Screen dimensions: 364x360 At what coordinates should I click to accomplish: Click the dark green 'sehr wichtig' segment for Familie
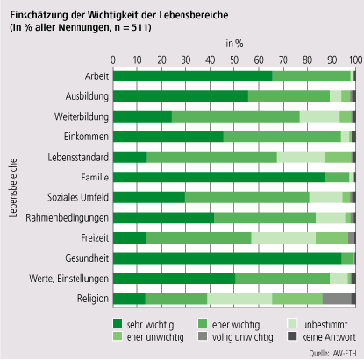(219, 177)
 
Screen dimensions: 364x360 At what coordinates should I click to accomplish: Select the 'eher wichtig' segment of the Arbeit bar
(311, 76)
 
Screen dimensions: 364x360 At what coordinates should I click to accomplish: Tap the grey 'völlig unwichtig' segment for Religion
(337, 299)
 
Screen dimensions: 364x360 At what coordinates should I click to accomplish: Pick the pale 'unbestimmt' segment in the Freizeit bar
(283, 238)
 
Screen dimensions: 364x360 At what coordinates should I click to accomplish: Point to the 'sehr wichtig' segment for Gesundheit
(227, 258)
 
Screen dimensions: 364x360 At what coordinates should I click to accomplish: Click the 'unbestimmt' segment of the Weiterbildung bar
(319, 116)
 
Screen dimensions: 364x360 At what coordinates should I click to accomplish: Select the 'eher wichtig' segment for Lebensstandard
(211, 157)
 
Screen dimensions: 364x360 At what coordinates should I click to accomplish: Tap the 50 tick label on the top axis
(234, 60)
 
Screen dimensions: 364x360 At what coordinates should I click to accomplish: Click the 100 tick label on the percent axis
(355, 60)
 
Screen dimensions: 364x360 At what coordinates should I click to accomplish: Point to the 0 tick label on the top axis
(113, 60)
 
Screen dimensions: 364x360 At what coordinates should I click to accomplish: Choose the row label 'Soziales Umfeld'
(78, 197)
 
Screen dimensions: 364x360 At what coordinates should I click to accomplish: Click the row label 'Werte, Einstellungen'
(68, 279)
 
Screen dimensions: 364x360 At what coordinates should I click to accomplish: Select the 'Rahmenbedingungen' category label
(67, 218)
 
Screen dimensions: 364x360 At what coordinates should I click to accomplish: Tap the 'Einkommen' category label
(86, 137)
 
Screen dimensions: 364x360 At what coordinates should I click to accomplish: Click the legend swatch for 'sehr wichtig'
(118, 323)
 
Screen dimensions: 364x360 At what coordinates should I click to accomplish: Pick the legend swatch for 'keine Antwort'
(292, 336)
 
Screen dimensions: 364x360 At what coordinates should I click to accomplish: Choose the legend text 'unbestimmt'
(325, 325)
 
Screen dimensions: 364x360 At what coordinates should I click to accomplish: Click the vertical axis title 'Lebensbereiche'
(13, 188)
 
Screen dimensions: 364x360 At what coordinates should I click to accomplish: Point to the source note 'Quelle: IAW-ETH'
(333, 353)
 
